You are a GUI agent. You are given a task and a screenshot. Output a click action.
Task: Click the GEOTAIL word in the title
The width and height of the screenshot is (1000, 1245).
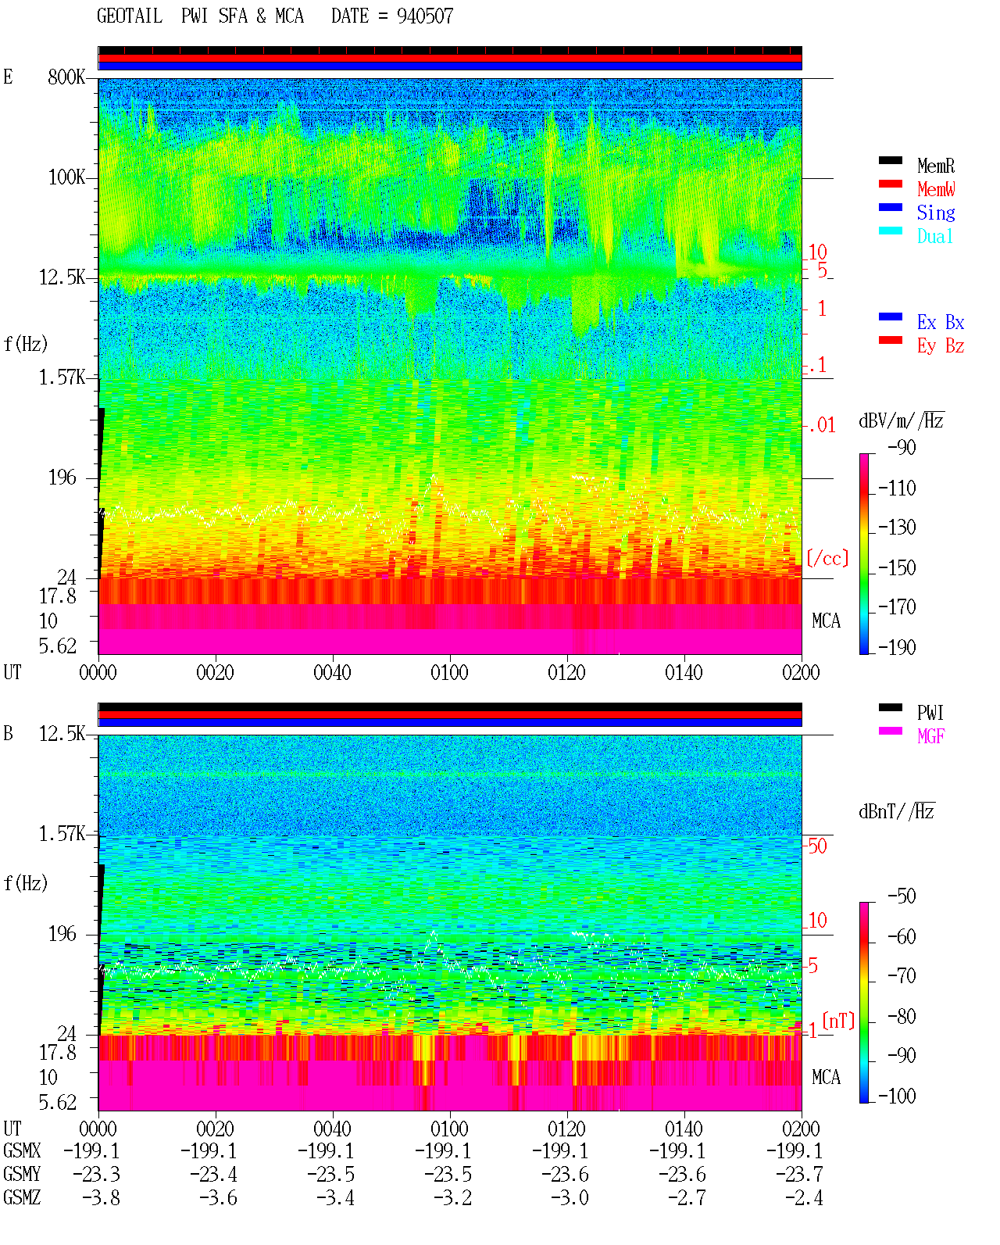coord(130,16)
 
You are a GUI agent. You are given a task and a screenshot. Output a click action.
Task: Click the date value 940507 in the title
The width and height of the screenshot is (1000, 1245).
coord(425,16)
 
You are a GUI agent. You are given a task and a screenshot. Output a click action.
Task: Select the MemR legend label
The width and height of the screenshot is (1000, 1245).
coord(936,166)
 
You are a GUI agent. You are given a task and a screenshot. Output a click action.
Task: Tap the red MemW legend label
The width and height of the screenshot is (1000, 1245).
coord(936,188)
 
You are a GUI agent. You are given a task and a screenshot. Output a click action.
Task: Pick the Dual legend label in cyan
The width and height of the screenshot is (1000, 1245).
coord(934,236)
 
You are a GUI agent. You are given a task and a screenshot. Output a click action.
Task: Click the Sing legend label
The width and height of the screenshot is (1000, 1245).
coord(936,213)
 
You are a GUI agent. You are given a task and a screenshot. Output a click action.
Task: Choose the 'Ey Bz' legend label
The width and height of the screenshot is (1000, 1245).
coord(941,346)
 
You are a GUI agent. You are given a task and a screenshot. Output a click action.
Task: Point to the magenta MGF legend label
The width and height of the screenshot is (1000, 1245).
coord(930,736)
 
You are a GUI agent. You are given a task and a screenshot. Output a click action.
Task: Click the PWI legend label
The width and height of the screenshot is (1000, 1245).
coord(930,712)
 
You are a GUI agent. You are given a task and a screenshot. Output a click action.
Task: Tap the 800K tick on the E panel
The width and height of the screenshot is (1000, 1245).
coord(66,77)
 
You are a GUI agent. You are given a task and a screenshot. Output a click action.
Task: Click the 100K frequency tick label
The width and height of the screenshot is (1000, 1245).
coord(66,177)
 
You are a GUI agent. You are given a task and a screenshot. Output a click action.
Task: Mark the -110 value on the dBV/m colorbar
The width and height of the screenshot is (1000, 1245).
coord(897,488)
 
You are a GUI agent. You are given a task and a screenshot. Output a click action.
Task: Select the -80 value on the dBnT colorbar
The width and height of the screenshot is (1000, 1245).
coord(902,1017)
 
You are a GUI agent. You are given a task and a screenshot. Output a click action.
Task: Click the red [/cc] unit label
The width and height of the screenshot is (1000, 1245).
coord(827,558)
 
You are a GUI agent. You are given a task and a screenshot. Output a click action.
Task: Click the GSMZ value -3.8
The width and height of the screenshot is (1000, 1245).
coord(101,1197)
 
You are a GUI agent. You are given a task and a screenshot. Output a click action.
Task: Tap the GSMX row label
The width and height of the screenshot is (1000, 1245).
coord(22,1150)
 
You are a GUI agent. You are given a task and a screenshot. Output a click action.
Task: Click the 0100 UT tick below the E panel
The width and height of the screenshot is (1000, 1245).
coord(449,672)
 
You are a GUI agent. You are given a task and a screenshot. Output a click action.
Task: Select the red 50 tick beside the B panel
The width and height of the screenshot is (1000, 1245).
coord(817,846)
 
